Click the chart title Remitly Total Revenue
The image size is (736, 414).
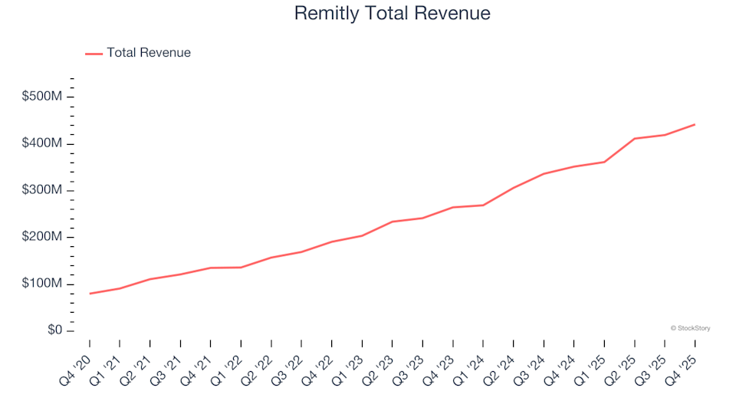point(392,13)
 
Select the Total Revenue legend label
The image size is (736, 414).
point(149,53)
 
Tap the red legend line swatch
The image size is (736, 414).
point(93,54)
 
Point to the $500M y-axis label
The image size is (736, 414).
point(43,97)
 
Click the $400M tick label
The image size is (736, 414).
point(43,144)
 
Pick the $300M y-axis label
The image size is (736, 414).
point(43,191)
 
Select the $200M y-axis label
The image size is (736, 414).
point(43,238)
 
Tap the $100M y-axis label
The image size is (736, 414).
point(43,284)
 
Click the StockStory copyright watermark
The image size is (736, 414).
point(690,328)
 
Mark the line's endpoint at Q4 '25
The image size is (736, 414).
point(695,124)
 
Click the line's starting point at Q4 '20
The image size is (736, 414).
point(90,294)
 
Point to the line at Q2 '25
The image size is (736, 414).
point(635,139)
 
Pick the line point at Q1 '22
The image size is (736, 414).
point(241,268)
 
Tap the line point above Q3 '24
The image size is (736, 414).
point(544,174)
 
